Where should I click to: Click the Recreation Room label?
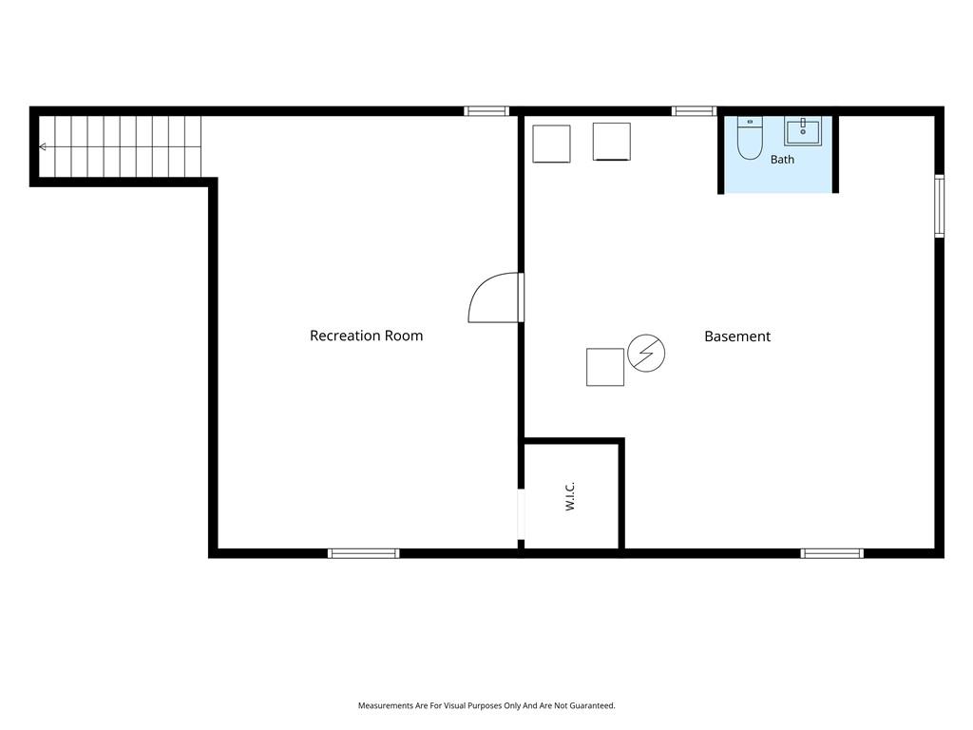pos(366,336)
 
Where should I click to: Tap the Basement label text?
pos(737,336)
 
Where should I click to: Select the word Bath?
pos(782,160)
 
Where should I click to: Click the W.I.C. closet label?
pos(570,496)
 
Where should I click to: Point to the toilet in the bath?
pos(750,138)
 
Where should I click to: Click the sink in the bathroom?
pos(803,131)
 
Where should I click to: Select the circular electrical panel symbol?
pos(646,354)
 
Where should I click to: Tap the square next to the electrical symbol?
pos(605,367)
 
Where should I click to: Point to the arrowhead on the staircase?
pos(42,147)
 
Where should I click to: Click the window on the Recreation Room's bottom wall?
pos(364,554)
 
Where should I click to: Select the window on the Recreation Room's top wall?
pos(486,111)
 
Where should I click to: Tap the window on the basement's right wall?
pos(940,206)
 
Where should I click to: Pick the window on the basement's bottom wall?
pos(831,554)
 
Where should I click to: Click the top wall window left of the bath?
pos(694,111)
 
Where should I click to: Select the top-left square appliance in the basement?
pos(551,144)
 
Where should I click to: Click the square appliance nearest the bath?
pos(611,142)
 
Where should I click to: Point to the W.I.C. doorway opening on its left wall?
pos(522,514)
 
